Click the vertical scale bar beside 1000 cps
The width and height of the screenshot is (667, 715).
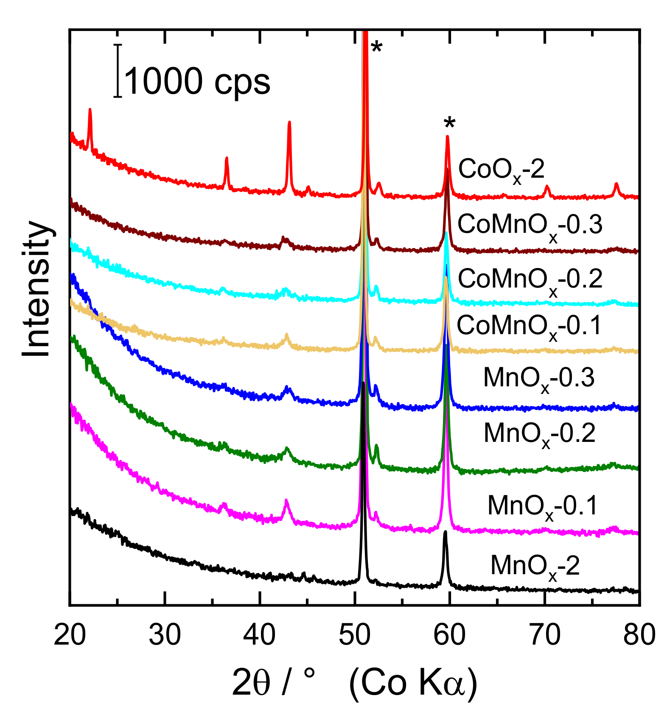[x=118, y=71]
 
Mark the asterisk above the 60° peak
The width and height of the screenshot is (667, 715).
[x=449, y=124]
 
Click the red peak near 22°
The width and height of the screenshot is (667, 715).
[x=90, y=111]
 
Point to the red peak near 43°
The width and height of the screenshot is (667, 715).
[x=289, y=124]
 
